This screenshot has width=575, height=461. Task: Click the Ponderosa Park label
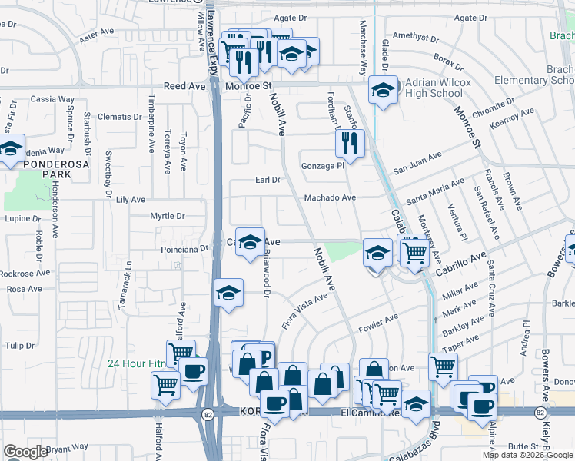[x=47, y=169]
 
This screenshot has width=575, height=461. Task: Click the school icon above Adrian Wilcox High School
[x=382, y=91]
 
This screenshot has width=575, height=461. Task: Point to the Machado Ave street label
[x=331, y=197]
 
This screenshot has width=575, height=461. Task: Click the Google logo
[x=25, y=452]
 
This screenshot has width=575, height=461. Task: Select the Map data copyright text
[x=527, y=455]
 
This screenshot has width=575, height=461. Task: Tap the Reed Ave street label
[x=185, y=87]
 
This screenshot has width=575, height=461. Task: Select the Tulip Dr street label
[x=20, y=347]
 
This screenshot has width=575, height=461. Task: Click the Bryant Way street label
[x=68, y=448]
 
